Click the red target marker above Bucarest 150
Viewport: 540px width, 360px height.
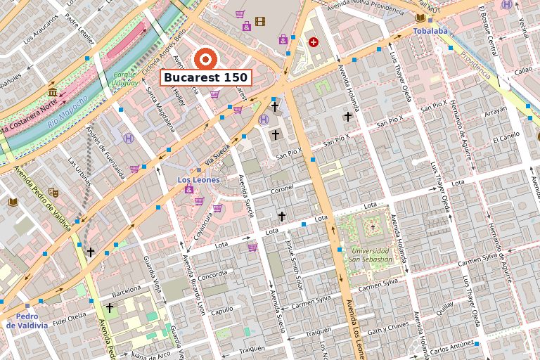tap(206, 58)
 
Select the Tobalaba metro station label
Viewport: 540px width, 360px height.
tap(431, 32)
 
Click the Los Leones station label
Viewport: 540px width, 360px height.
tap(198, 180)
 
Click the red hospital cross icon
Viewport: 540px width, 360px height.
tap(313, 42)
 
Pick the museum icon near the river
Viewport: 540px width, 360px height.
tap(53, 92)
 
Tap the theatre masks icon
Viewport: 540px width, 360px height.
tap(53, 191)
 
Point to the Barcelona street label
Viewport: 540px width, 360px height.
tap(126, 289)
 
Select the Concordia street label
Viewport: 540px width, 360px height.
tap(212, 276)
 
